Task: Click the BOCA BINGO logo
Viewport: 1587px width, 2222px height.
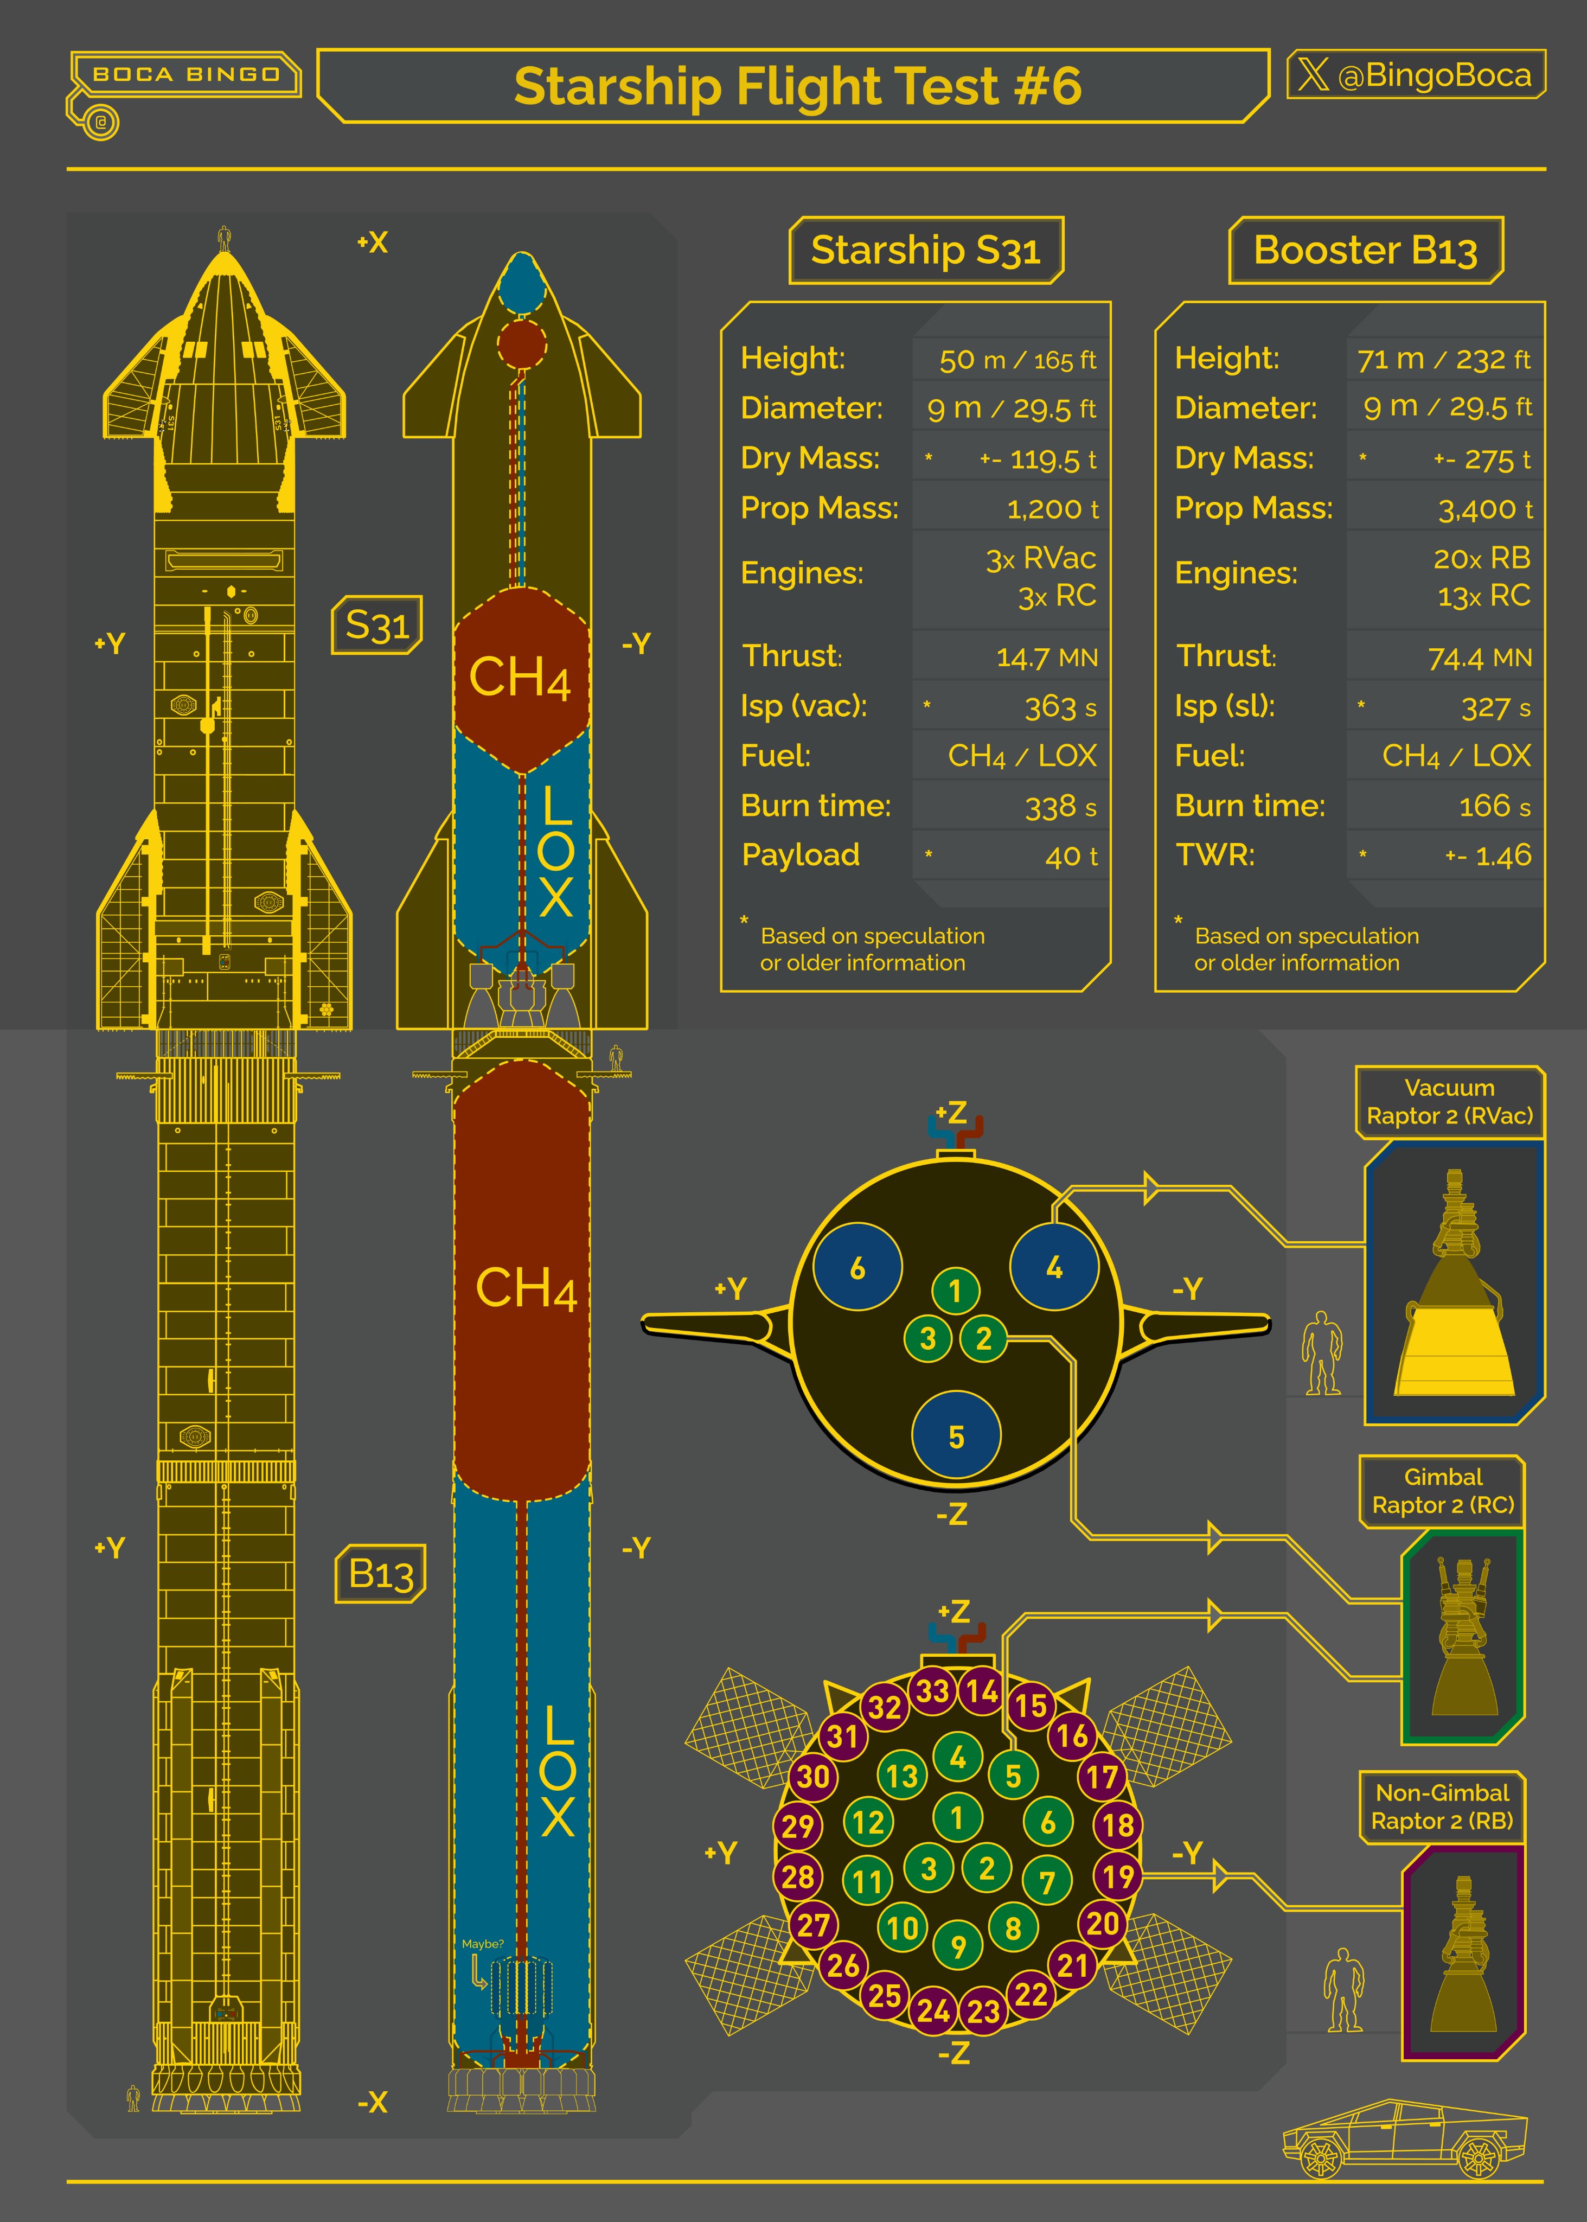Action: tap(185, 74)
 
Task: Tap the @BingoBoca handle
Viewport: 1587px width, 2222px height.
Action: tap(1434, 75)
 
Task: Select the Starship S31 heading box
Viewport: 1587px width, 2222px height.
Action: tap(925, 250)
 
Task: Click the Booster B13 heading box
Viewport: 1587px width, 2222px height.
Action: tap(1365, 250)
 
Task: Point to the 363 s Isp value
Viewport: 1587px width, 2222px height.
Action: tap(1060, 706)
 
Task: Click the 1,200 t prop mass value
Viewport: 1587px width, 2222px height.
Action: tap(1052, 509)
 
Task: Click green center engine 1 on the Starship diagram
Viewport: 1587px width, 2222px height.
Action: tap(956, 1291)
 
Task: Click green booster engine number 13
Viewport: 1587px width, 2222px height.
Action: tap(901, 1776)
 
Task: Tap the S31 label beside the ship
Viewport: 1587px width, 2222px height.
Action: tap(377, 624)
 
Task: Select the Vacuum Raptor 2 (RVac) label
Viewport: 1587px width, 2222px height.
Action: tap(1449, 1101)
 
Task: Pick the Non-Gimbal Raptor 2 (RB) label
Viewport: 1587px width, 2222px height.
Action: tap(1442, 1806)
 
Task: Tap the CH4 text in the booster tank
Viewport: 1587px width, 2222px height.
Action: tap(526, 1288)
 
